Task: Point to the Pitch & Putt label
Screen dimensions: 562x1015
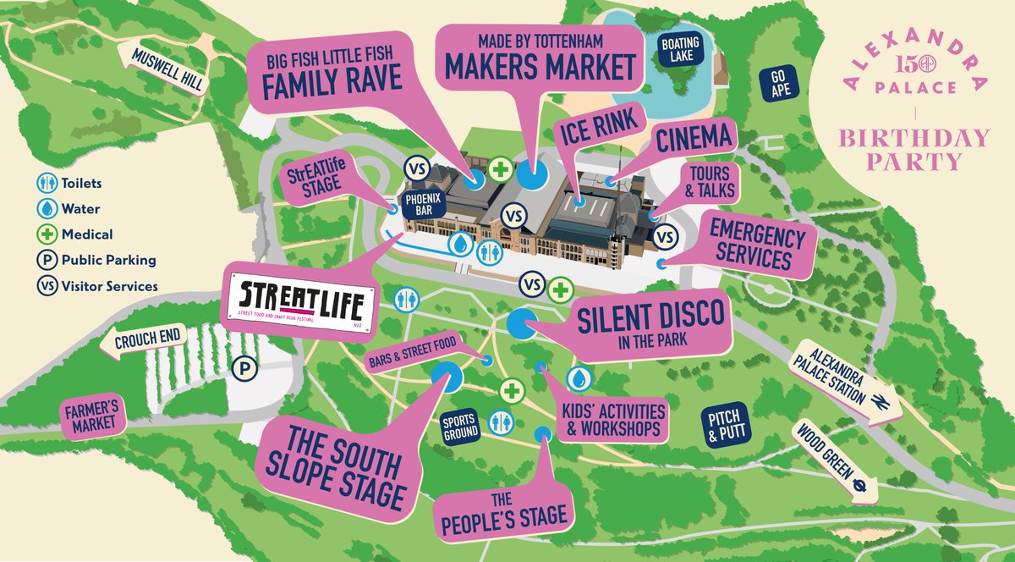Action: (725, 422)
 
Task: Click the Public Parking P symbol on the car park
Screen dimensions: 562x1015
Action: (244, 368)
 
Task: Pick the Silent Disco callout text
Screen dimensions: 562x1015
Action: (650, 322)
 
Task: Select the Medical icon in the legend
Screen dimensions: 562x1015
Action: (47, 234)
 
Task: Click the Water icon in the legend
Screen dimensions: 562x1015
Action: (47, 208)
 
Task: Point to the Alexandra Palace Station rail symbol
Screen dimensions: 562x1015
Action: (880, 400)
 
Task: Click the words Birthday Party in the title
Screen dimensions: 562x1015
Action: (913, 150)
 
